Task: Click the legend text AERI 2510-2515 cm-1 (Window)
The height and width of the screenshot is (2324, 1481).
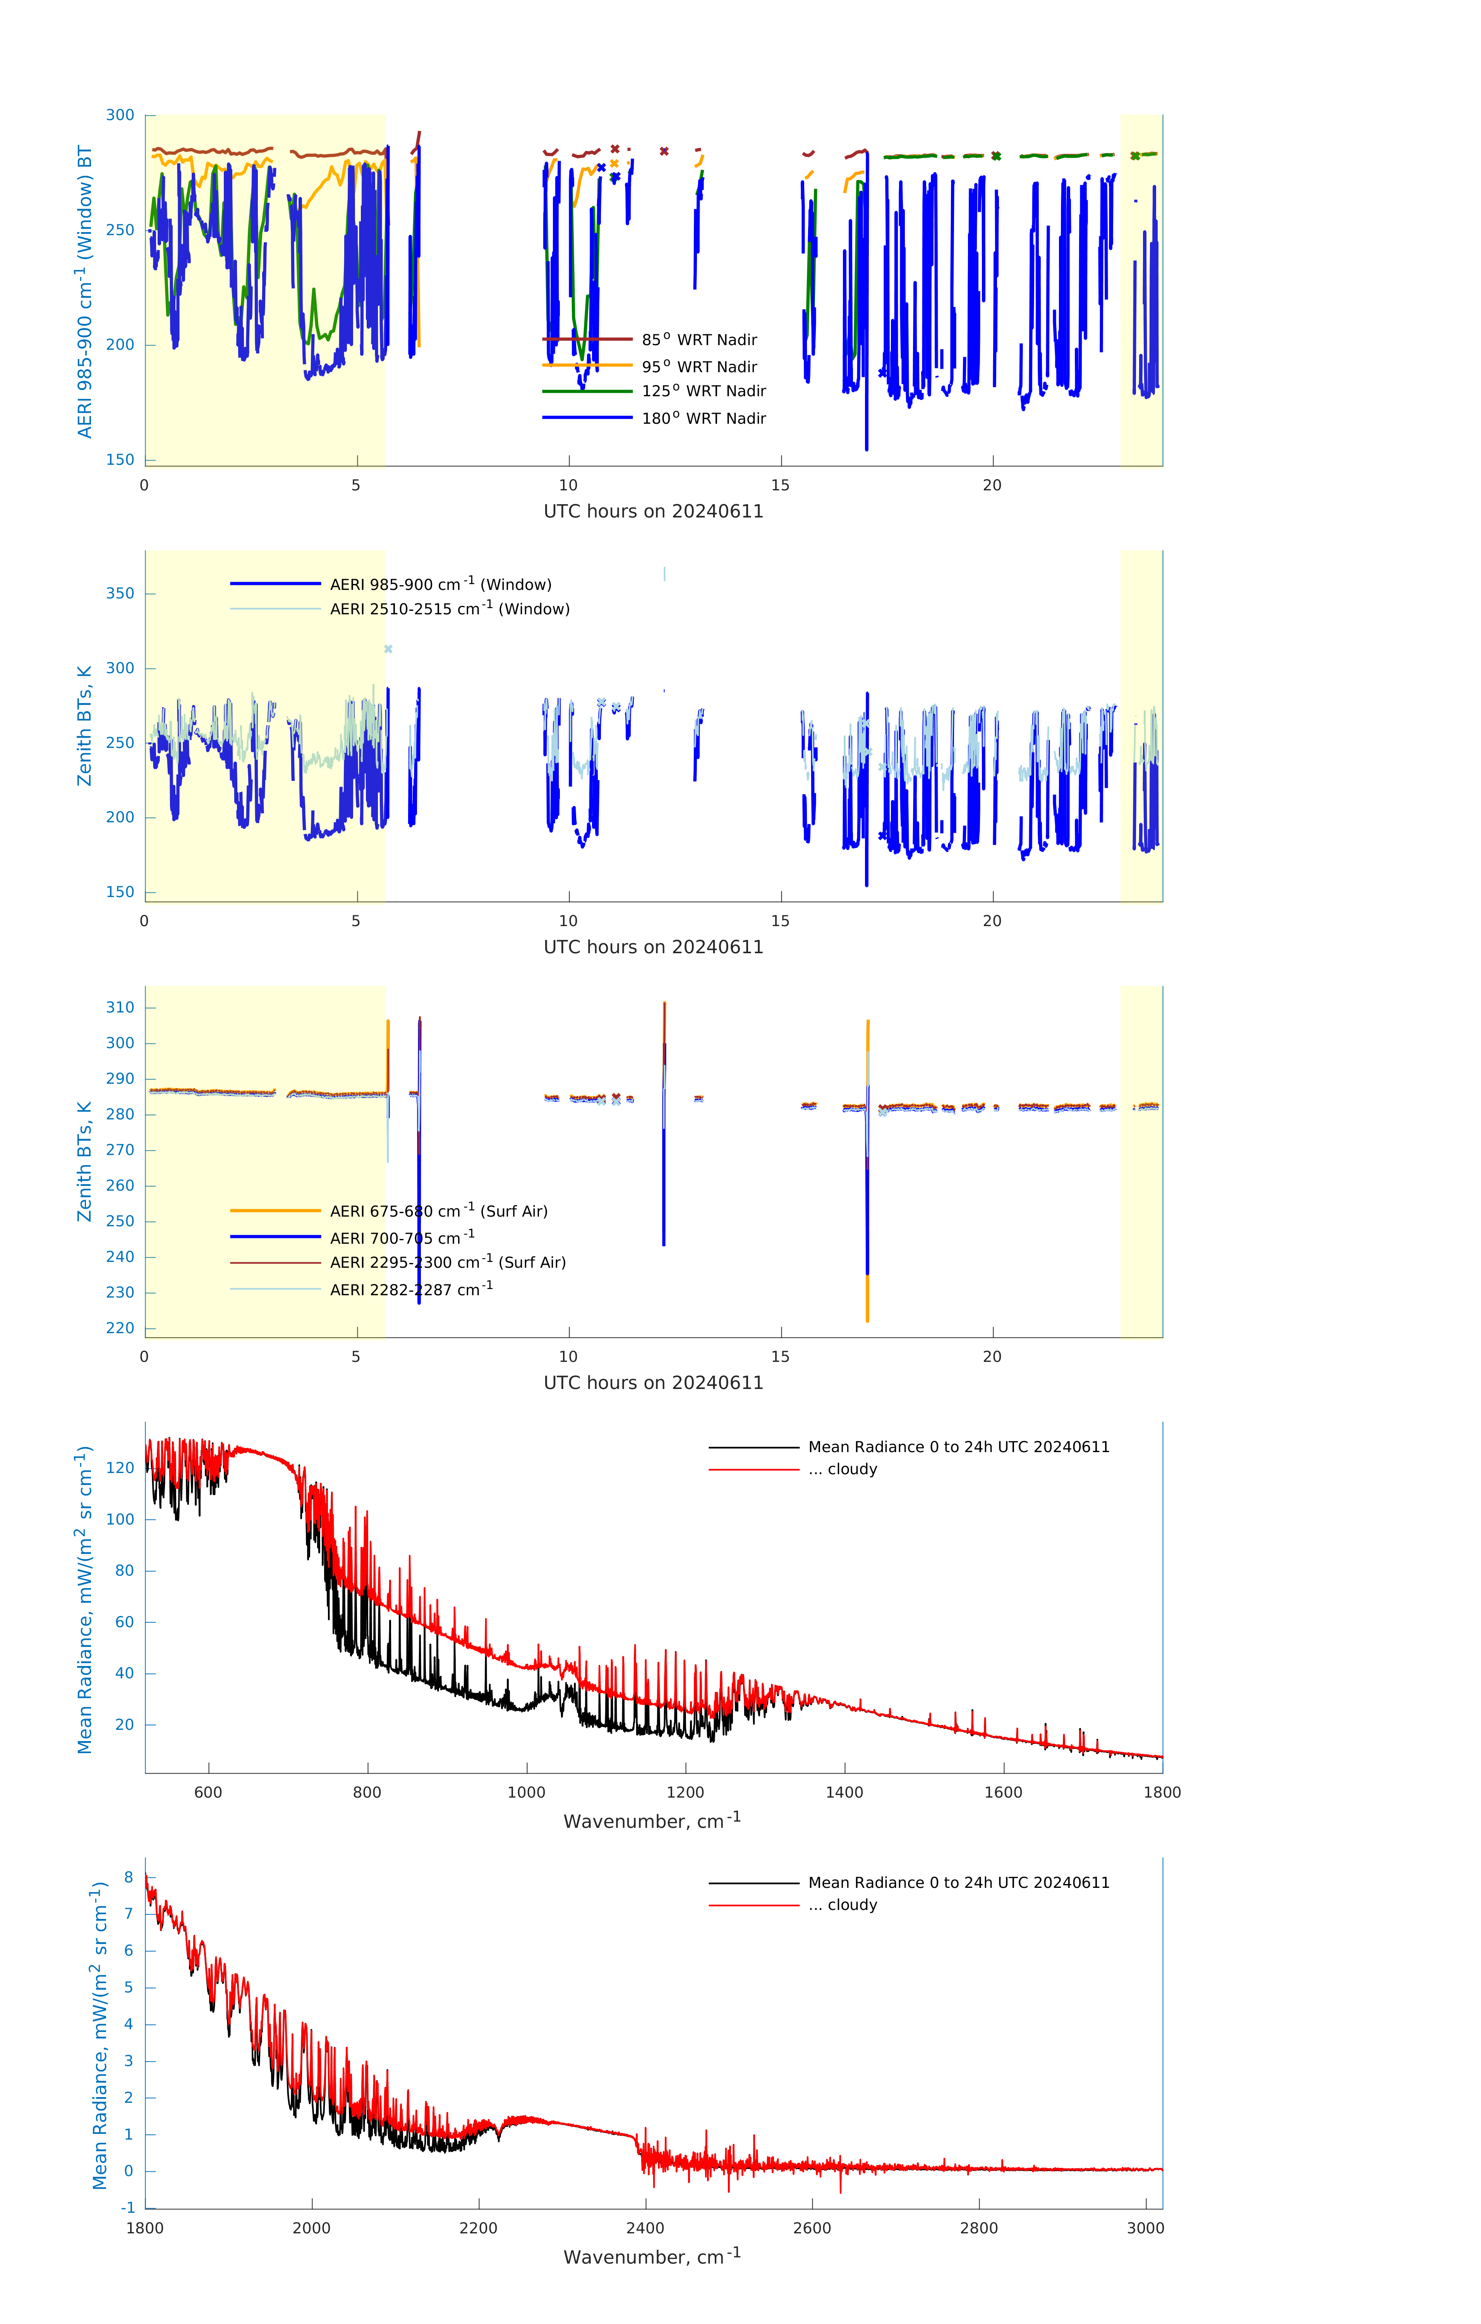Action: [450, 609]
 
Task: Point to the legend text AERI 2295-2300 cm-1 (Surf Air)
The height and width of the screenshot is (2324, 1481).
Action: [448, 1262]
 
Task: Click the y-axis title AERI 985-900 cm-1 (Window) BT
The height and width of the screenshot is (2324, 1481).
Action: [85, 291]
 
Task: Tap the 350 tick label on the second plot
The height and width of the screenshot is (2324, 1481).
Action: [120, 593]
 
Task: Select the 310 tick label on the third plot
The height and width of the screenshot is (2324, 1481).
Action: [120, 1007]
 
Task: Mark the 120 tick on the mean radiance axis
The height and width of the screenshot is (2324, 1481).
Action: [120, 1468]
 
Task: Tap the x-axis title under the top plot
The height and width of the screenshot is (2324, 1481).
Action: [653, 512]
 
